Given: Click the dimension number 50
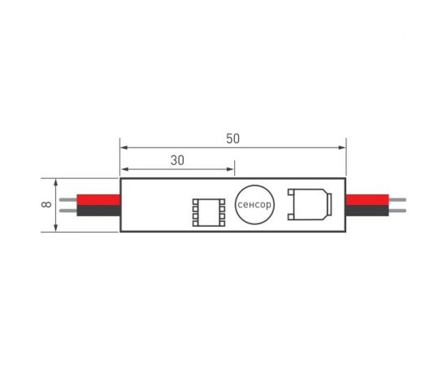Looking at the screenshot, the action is (233, 138).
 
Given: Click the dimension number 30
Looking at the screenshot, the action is (177, 160).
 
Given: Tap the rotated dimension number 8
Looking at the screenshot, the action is (46, 204).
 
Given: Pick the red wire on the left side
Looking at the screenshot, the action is (98, 200).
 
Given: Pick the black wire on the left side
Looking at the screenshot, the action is (98, 211).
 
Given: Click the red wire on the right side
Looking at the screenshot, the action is (367, 200).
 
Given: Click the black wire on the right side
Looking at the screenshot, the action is (367, 211).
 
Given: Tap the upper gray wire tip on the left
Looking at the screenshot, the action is (68, 200).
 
